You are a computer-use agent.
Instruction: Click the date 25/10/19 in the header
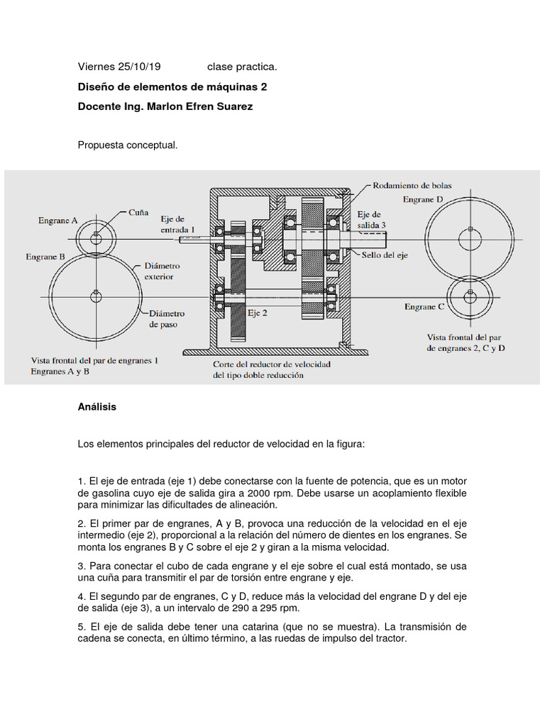(x=138, y=67)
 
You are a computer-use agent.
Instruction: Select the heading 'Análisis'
(x=97, y=407)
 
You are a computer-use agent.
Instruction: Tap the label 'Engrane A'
(x=58, y=220)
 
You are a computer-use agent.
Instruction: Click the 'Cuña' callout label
(x=138, y=211)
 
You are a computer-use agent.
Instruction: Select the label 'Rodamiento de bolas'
(x=412, y=186)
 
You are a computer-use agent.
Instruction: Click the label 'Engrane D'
(x=423, y=200)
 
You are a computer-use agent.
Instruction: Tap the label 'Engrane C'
(x=424, y=307)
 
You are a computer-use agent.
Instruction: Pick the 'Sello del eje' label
(x=385, y=255)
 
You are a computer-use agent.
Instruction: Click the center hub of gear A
(x=94, y=238)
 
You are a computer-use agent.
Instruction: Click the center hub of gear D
(x=470, y=232)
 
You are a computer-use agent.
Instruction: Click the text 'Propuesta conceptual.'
(x=127, y=145)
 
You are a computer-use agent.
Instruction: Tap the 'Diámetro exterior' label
(x=163, y=271)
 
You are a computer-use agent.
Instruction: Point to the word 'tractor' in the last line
(x=387, y=639)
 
